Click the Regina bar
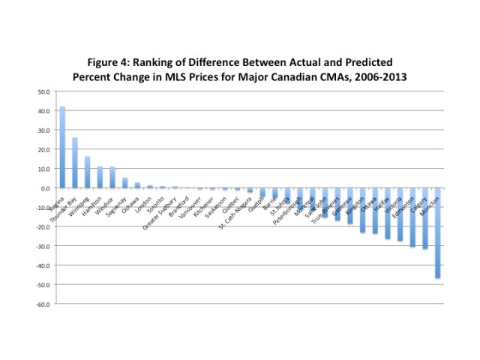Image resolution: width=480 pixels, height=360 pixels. pyautogui.click(x=62, y=147)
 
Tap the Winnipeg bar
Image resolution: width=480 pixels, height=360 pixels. pyautogui.click(x=87, y=172)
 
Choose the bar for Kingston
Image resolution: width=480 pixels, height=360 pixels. pyautogui.click(x=362, y=210)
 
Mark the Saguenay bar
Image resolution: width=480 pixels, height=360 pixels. pyautogui.click(x=124, y=183)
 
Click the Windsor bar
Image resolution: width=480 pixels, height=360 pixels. pyautogui.click(x=112, y=177)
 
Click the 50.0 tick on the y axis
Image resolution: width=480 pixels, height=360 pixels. pyautogui.click(x=43, y=91)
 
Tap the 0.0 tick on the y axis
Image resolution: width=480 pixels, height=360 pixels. pyautogui.click(x=45, y=188)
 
